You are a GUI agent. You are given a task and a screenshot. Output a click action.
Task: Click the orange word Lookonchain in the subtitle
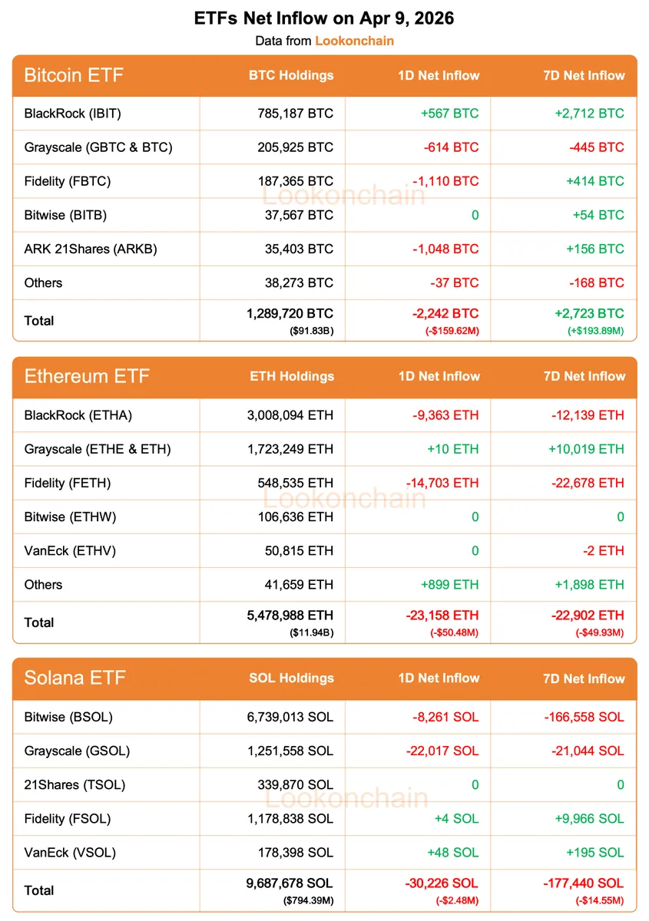tap(354, 41)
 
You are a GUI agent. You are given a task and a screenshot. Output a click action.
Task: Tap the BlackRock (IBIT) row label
tap(73, 114)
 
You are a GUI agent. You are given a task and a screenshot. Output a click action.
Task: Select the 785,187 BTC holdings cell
tap(296, 114)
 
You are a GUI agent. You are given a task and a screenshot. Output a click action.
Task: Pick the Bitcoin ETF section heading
tap(74, 75)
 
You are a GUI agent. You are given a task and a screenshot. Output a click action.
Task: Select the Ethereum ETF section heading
tap(87, 376)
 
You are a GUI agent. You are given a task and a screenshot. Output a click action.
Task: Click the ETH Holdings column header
tap(292, 376)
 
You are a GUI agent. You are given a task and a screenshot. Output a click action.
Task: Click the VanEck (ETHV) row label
tap(71, 550)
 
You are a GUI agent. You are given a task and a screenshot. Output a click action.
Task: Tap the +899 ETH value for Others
tap(449, 584)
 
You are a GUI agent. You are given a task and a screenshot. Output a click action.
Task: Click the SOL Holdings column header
tap(292, 678)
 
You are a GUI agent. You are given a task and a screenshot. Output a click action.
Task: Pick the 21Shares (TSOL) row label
tap(75, 784)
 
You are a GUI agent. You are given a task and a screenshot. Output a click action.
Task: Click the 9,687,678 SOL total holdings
tap(285, 883)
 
